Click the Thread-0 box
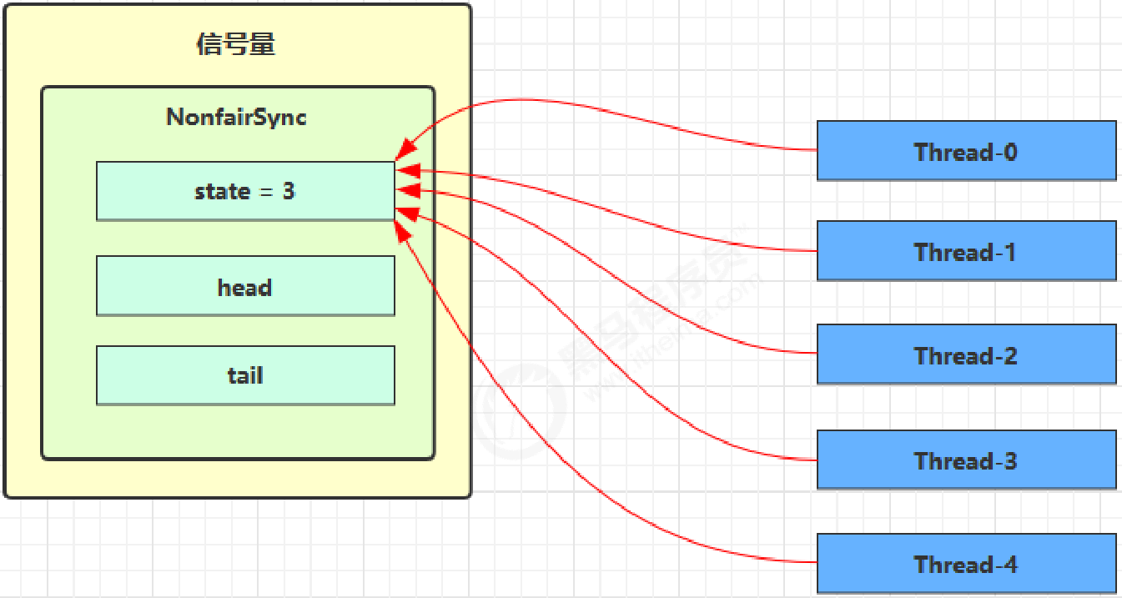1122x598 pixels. [x=966, y=150]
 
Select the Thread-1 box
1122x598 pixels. [x=966, y=250]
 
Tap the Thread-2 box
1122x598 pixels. [x=966, y=354]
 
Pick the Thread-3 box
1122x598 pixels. [x=966, y=460]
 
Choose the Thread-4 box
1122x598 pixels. [x=966, y=564]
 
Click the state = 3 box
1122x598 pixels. [x=245, y=191]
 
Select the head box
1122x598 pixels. [x=245, y=286]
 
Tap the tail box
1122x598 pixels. [x=245, y=375]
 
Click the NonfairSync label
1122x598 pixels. [x=237, y=117]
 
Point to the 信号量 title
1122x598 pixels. [x=236, y=43]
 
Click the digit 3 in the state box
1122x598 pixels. [x=289, y=191]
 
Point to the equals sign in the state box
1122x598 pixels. [x=266, y=192]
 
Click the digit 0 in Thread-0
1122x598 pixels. [x=1010, y=152]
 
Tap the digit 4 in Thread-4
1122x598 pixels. [x=1010, y=565]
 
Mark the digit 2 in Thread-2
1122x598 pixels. [x=1010, y=356]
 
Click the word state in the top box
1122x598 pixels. [x=222, y=191]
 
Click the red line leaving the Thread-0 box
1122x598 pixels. [x=751, y=143]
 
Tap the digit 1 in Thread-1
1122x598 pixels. [x=1010, y=252]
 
